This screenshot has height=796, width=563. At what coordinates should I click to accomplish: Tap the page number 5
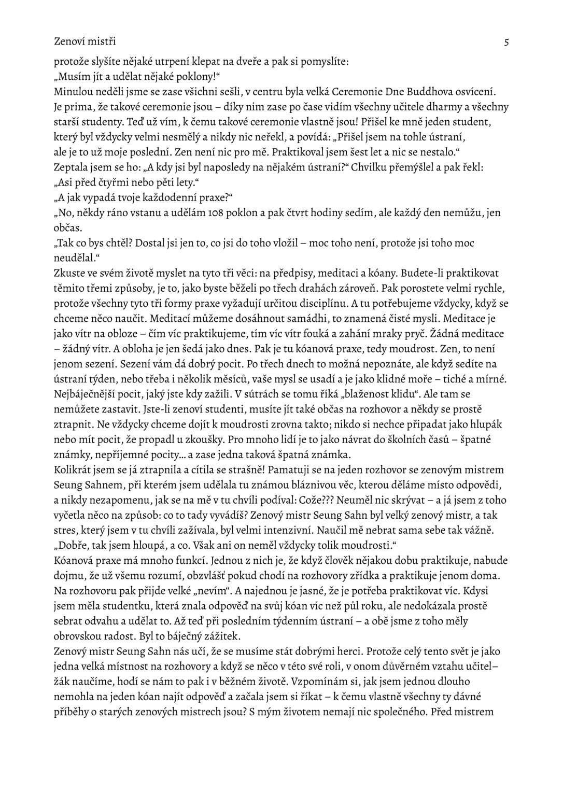(x=506, y=41)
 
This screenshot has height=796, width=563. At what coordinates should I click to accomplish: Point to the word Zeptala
(x=71, y=167)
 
